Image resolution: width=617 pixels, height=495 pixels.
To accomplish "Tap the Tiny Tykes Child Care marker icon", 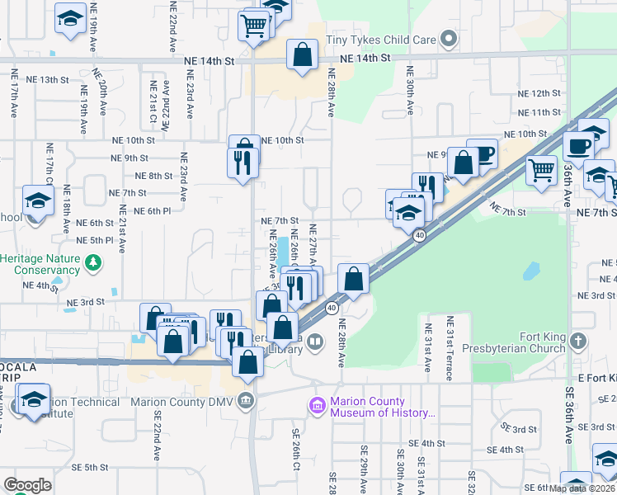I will pyautogui.click(x=449, y=39).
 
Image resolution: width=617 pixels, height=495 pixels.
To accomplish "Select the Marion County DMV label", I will pyautogui.click(x=184, y=402).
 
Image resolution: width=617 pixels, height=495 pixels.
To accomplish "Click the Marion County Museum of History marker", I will pyautogui.click(x=317, y=407).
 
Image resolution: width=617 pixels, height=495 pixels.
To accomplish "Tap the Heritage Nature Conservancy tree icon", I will pyautogui.click(x=96, y=263).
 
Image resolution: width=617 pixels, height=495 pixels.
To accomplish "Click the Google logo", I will pyautogui.click(x=26, y=485).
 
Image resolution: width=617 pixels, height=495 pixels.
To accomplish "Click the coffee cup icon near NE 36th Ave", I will pyautogui.click(x=578, y=144).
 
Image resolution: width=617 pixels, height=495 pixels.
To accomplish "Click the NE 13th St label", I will pyautogui.click(x=48, y=80).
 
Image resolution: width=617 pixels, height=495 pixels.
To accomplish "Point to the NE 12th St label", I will pyautogui.click(x=540, y=93).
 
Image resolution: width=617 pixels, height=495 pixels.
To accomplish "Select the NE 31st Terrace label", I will pyautogui.click(x=450, y=347).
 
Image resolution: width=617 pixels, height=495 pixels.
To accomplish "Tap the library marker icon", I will pyautogui.click(x=315, y=341).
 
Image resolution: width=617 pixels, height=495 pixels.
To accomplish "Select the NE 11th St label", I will pyautogui.click(x=540, y=112).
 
